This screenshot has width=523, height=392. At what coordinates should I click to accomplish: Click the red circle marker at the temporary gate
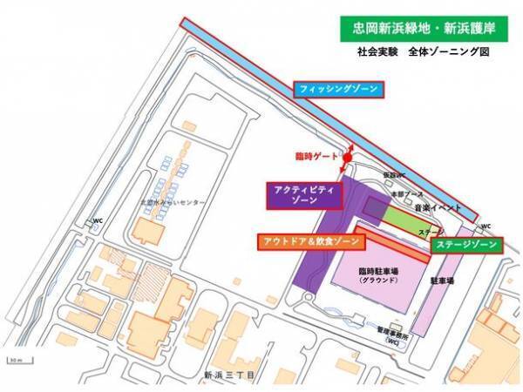click(x=347, y=158)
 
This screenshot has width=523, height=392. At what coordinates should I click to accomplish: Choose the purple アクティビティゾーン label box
click(x=302, y=194)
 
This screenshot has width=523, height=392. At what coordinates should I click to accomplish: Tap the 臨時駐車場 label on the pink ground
click(x=377, y=272)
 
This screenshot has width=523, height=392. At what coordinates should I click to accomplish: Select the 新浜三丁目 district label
click(x=230, y=375)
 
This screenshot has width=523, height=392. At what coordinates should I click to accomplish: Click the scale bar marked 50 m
click(x=15, y=359)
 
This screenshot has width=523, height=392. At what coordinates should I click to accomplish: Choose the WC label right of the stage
click(x=486, y=225)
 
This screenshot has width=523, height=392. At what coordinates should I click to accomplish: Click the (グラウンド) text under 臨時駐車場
click(x=377, y=281)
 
